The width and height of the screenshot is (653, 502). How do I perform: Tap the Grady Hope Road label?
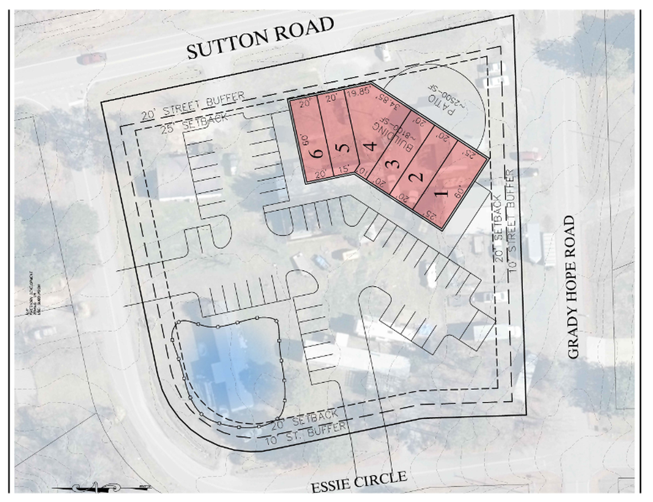575,287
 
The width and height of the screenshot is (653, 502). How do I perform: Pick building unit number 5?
342,148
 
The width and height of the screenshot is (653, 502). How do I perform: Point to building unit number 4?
371,146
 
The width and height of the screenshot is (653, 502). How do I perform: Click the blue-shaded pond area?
229,366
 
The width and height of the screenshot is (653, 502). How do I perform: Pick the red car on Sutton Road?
92,58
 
